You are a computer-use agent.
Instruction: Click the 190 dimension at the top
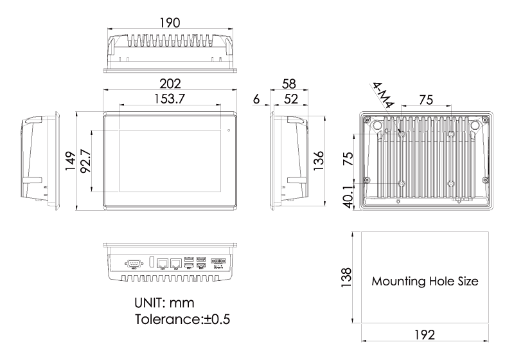click(170, 22)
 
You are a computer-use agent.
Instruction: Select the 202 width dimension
click(170, 84)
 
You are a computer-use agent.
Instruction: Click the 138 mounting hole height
click(346, 278)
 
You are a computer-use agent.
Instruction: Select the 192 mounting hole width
click(425, 335)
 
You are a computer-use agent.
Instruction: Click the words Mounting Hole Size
click(425, 281)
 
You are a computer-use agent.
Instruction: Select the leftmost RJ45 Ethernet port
click(164, 262)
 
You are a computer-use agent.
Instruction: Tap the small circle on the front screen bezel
click(229, 131)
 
